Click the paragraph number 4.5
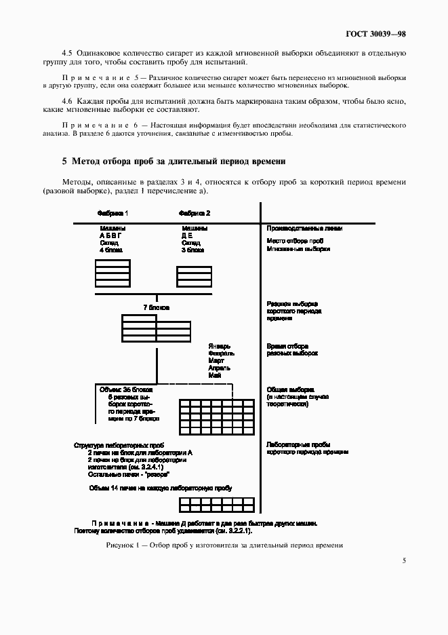pos(67,52)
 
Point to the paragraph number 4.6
pos(67,100)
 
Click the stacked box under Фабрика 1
pos(113,273)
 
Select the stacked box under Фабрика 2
pos(194,277)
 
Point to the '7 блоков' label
pos(156,307)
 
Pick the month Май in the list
pos(216,375)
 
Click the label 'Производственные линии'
pos(304,229)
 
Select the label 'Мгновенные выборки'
pos(298,249)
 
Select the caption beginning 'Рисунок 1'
pos(224,545)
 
